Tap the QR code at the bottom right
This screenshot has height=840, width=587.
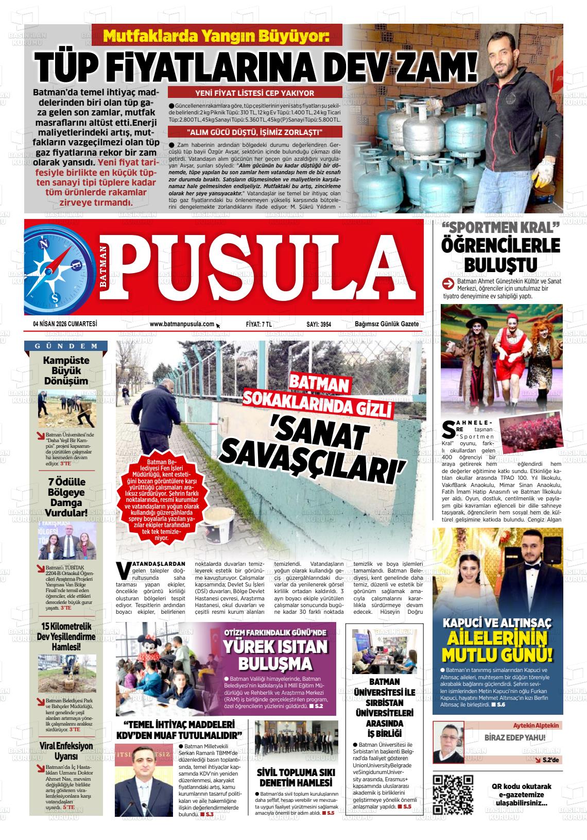click(x=453, y=794)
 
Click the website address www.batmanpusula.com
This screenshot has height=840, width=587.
click(x=182, y=324)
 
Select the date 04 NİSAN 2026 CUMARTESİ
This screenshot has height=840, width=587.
click(x=65, y=324)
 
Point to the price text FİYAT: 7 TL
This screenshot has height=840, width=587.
click(x=259, y=324)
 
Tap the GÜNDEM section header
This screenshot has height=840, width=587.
click(x=66, y=346)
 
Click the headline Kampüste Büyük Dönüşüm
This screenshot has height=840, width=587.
click(x=66, y=371)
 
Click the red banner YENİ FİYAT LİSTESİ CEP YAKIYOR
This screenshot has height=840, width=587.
click(x=255, y=93)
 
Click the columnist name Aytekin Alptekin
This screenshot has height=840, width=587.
click(x=536, y=725)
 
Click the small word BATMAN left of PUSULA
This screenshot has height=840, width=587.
click(x=104, y=270)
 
